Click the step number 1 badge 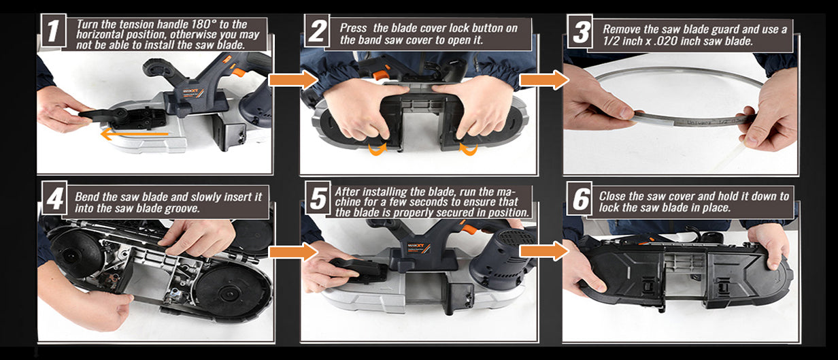54,31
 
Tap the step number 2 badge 317,31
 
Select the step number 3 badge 580,31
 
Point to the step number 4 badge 54,197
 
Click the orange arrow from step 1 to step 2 293,80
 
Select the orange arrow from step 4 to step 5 293,252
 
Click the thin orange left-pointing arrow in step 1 134,133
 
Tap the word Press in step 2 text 353,28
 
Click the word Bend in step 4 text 87,197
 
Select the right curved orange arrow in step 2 468,149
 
